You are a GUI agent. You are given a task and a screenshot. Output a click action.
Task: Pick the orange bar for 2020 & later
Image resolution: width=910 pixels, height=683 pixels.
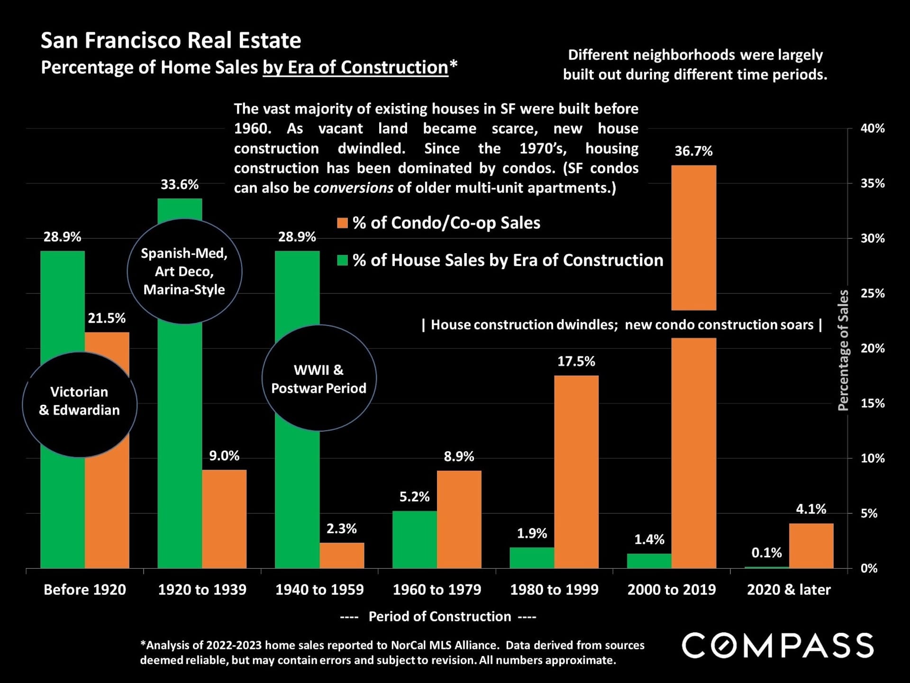pyautogui.click(x=811, y=546)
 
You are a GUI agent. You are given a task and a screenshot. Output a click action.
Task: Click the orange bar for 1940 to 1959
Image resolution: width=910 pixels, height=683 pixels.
pyautogui.click(x=342, y=555)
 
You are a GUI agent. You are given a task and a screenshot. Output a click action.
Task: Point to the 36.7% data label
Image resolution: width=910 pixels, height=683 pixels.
pyautogui.click(x=693, y=151)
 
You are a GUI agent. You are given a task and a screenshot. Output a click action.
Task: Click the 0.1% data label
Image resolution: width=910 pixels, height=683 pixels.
pyautogui.click(x=766, y=553)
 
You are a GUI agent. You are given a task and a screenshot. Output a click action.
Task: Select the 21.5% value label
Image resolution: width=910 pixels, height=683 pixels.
pyautogui.click(x=107, y=318)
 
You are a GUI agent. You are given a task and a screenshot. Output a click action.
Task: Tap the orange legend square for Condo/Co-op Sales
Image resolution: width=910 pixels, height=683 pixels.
pyautogui.click(x=342, y=223)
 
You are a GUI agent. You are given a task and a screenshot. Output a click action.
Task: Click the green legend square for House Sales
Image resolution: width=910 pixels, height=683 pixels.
pyautogui.click(x=342, y=260)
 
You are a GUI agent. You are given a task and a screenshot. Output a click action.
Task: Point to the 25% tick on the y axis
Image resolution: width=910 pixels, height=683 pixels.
pyautogui.click(x=873, y=293)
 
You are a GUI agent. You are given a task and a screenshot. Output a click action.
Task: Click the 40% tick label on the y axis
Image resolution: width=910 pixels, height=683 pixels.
pyautogui.click(x=873, y=128)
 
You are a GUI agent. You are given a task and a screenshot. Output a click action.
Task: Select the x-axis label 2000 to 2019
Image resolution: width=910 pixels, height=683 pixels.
pyautogui.click(x=672, y=590)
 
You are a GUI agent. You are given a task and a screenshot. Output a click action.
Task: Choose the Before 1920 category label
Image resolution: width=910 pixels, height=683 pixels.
pyautogui.click(x=85, y=590)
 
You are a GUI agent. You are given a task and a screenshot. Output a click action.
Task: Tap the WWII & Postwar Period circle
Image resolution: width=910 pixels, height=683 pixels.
pyautogui.click(x=319, y=378)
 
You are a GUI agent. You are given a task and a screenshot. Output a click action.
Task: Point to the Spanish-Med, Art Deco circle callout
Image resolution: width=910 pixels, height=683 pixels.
pyautogui.click(x=184, y=272)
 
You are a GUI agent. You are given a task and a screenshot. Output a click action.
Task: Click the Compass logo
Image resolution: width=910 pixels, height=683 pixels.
pyautogui.click(x=778, y=646)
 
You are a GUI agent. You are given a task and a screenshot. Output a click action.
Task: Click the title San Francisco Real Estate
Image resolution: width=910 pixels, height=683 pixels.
pyautogui.click(x=171, y=41)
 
